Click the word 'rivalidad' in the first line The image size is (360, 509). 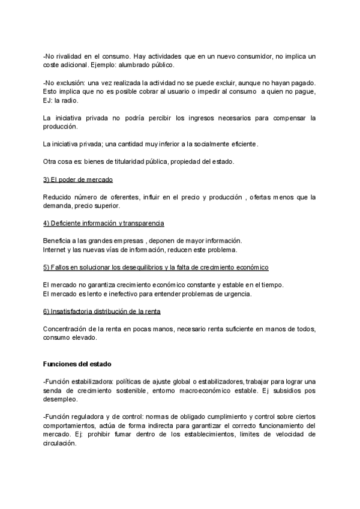(71, 56)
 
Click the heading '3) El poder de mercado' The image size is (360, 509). (78, 179)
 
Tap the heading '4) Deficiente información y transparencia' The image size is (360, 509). (104, 223)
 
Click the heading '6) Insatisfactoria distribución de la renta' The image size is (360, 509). (102, 311)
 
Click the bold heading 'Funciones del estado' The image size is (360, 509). (77, 364)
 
